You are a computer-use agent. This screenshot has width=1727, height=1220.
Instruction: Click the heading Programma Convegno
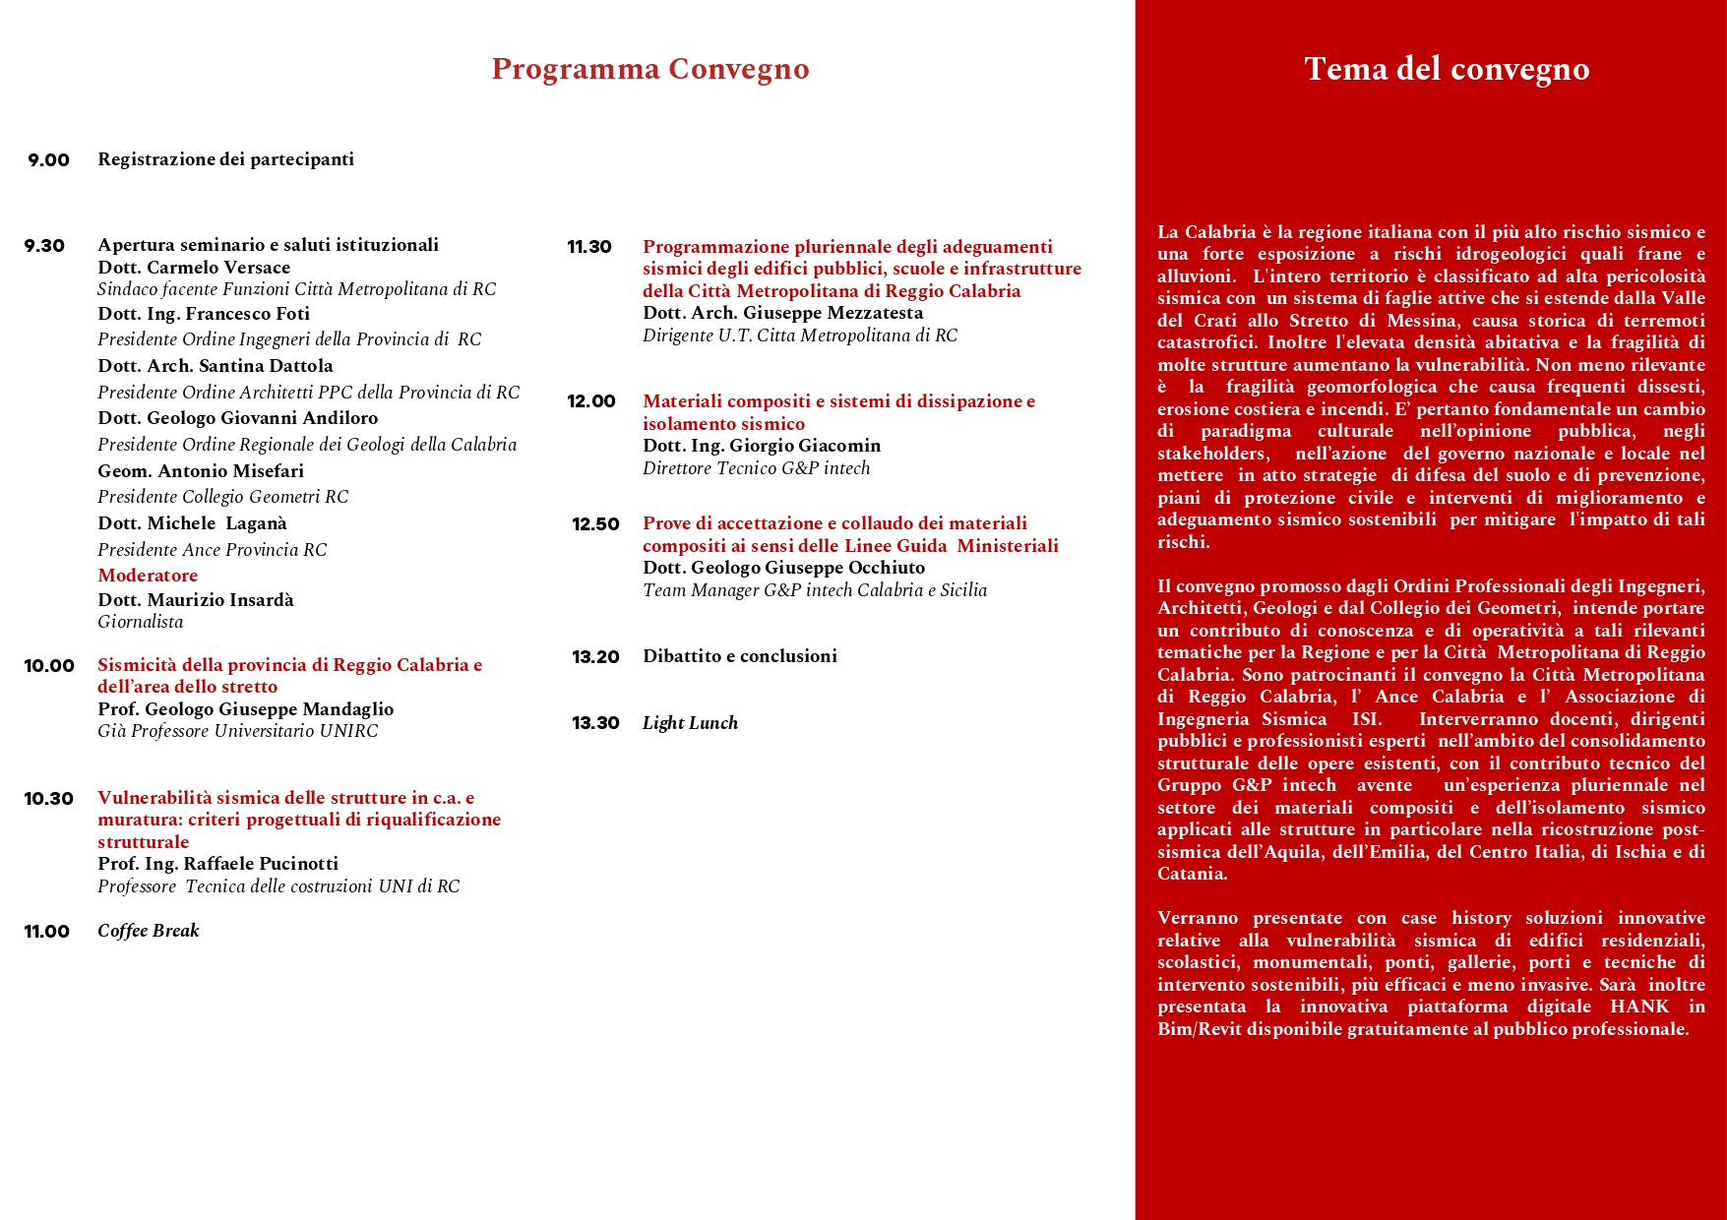click(x=650, y=69)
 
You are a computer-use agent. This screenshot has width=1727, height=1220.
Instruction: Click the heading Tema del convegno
click(x=1447, y=69)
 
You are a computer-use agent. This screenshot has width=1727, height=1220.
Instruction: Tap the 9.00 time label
click(x=48, y=160)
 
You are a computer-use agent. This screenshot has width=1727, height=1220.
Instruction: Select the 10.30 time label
click(x=49, y=799)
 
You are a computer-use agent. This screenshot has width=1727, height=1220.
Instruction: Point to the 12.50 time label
click(x=595, y=524)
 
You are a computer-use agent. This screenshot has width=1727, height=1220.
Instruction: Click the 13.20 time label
click(x=595, y=657)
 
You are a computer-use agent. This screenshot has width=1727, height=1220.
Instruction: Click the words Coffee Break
click(x=149, y=931)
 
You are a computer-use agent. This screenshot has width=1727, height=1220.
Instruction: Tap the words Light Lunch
click(x=690, y=723)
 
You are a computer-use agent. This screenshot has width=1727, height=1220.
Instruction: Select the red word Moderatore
click(x=148, y=576)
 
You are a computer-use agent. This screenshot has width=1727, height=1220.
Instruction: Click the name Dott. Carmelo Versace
click(x=194, y=268)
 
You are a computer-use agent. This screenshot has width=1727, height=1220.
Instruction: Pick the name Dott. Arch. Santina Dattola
click(x=216, y=366)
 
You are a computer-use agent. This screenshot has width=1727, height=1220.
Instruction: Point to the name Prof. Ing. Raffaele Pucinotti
click(x=217, y=864)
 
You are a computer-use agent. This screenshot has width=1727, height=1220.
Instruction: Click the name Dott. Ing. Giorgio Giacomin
click(x=762, y=446)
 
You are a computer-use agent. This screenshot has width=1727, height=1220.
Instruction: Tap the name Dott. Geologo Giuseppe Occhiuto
click(x=783, y=568)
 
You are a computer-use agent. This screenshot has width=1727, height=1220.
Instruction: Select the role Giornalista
click(x=140, y=622)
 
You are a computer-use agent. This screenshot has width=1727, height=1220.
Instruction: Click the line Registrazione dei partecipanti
click(x=225, y=159)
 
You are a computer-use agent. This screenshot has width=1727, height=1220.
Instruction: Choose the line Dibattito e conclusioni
click(x=740, y=656)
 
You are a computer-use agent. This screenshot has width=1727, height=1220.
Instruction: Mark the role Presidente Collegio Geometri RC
click(x=222, y=497)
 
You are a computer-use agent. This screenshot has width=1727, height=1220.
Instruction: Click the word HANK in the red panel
click(x=1639, y=1006)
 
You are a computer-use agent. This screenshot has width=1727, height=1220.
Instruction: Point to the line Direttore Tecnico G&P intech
click(x=756, y=468)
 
